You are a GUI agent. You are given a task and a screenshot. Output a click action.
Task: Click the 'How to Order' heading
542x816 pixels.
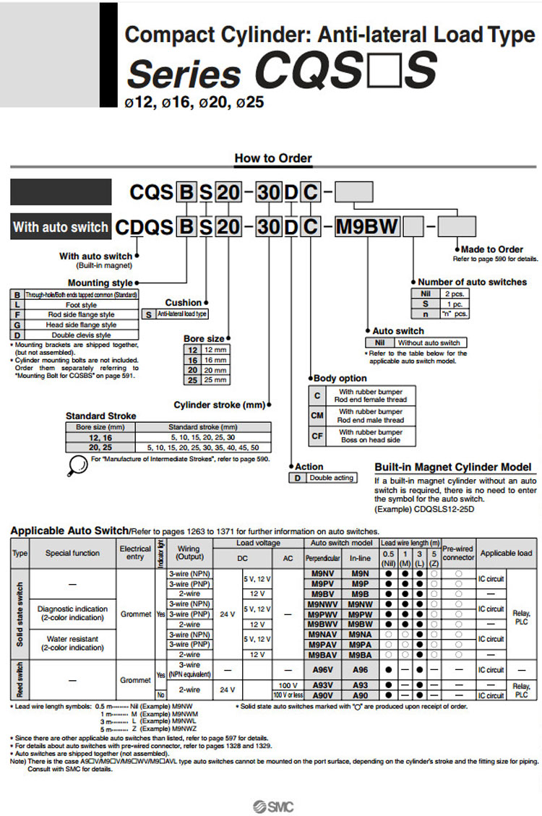(x=272, y=158)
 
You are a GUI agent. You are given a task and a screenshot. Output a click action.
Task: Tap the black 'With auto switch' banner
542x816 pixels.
(x=60, y=227)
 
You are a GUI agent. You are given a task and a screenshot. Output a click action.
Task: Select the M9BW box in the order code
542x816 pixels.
(x=367, y=227)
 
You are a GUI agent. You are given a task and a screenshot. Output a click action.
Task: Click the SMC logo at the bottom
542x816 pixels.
(x=272, y=807)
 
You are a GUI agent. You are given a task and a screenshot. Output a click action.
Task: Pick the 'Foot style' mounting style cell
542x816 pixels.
(x=80, y=305)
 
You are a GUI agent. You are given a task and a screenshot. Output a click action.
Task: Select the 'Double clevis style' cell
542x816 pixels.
(x=80, y=335)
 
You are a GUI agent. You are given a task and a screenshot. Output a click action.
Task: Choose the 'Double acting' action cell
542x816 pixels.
(x=332, y=478)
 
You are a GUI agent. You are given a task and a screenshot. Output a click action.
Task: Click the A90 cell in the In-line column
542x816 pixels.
(x=360, y=695)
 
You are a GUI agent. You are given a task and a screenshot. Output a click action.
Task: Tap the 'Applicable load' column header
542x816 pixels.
(x=506, y=554)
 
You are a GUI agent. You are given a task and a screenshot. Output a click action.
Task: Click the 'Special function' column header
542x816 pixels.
(x=72, y=554)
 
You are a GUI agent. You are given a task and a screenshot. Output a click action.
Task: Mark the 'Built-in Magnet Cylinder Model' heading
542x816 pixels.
(x=452, y=467)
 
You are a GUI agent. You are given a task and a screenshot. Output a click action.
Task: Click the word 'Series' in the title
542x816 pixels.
(x=184, y=73)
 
